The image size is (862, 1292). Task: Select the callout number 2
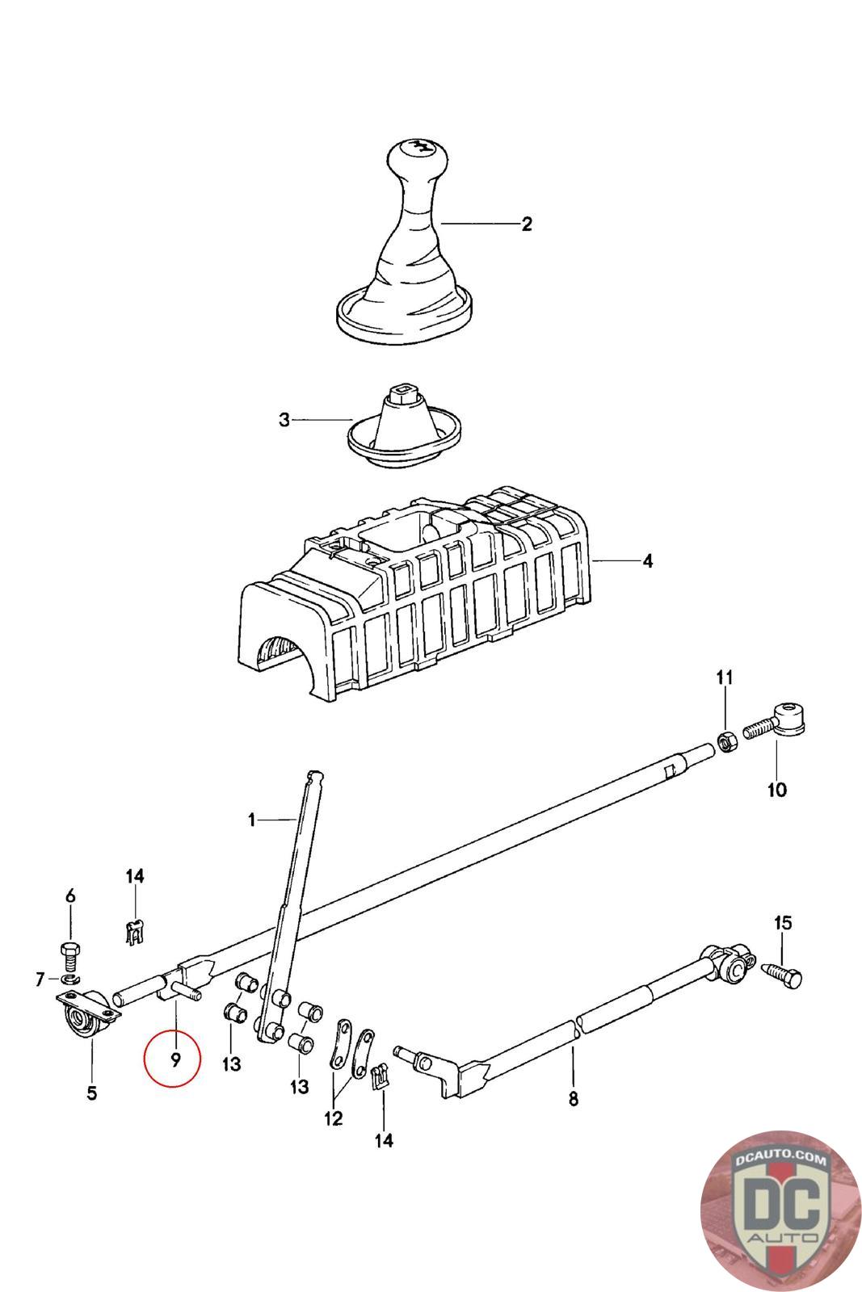click(527, 224)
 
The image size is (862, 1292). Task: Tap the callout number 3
click(284, 421)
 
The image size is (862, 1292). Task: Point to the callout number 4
click(647, 560)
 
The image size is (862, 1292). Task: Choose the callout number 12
click(333, 1118)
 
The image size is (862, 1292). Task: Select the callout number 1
click(252, 820)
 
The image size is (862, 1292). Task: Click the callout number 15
click(783, 922)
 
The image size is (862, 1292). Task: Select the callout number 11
click(724, 677)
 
